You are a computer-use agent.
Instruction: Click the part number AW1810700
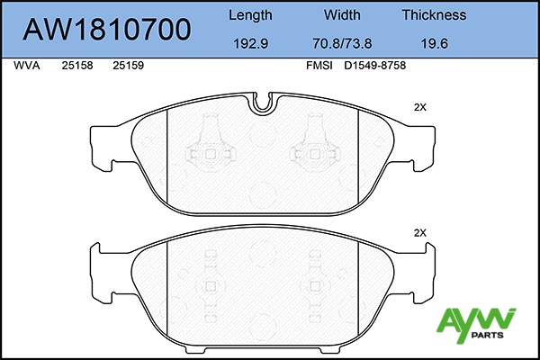pyautogui.click(x=107, y=30)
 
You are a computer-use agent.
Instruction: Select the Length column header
pyautogui.click(x=250, y=15)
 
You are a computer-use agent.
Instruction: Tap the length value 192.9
pyautogui.click(x=251, y=44)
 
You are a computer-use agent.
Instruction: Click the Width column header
pyautogui.click(x=342, y=14)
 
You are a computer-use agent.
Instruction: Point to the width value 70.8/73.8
pyautogui.click(x=342, y=44)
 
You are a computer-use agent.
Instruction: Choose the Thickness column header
pyautogui.click(x=435, y=14)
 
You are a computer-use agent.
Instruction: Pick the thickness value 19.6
pyautogui.click(x=435, y=44)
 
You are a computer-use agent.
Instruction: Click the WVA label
pyautogui.click(x=27, y=66)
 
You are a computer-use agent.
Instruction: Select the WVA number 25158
pyautogui.click(x=77, y=66)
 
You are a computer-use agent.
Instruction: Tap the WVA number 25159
pyautogui.click(x=129, y=66)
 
